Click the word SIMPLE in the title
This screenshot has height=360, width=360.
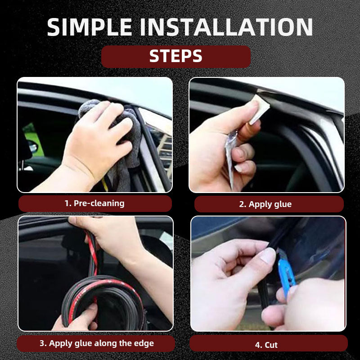[90, 27]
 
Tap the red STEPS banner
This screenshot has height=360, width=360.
[176, 57]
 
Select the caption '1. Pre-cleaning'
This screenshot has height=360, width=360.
[94, 203]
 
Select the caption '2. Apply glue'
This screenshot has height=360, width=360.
[265, 204]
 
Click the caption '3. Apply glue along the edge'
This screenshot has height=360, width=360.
[96, 343]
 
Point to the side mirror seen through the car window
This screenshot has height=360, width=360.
[32, 146]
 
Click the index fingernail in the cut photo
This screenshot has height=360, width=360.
[267, 256]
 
